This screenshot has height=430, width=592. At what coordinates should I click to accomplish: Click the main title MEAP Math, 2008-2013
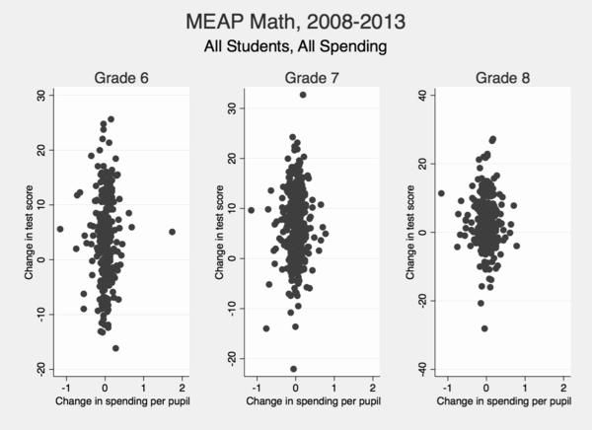click(x=295, y=21)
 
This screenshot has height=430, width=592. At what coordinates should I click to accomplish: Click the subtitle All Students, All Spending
click(x=295, y=45)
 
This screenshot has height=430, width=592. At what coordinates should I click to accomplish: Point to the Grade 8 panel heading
click(x=490, y=78)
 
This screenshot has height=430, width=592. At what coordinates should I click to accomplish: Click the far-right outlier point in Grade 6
click(x=172, y=232)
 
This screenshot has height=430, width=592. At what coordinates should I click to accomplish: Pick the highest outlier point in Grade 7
click(x=303, y=95)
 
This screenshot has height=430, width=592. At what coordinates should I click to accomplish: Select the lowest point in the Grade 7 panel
click(x=293, y=368)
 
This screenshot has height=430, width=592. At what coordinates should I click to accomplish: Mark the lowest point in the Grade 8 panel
click(x=484, y=328)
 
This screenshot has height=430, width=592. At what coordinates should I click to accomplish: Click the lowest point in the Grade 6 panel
click(x=115, y=348)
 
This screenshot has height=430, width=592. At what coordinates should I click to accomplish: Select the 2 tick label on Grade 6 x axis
click(x=183, y=387)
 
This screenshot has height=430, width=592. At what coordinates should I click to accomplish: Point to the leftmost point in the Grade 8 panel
click(x=441, y=193)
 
